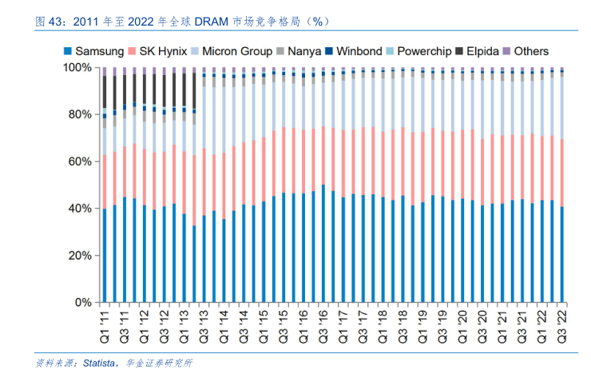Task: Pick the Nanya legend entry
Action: point(304,51)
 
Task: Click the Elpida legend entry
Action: point(485,51)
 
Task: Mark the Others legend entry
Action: point(531,51)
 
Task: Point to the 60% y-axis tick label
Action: point(81,161)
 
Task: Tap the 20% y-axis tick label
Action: point(81,256)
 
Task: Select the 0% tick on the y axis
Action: point(84,303)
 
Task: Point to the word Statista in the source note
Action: point(99,364)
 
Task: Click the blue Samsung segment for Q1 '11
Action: point(104,256)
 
